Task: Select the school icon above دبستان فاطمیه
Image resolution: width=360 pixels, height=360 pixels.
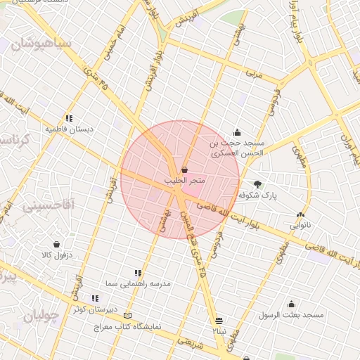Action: (68, 118)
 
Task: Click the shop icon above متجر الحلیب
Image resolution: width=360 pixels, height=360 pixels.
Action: (184, 169)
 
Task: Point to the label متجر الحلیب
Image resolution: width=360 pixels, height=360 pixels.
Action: (185, 181)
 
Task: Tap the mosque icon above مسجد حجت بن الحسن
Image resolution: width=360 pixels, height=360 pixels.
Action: (238, 131)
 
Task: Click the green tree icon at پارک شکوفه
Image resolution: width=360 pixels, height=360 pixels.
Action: (257, 184)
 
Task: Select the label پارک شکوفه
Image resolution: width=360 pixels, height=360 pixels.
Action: (257, 195)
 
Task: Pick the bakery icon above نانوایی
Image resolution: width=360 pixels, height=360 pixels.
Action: (301, 215)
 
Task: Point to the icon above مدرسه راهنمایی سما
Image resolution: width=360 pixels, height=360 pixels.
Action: (138, 272)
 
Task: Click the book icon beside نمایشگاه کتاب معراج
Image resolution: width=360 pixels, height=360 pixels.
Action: (127, 315)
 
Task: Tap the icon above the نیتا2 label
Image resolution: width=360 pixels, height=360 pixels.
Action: (218, 319)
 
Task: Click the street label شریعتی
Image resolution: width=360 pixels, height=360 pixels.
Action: (190, 342)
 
